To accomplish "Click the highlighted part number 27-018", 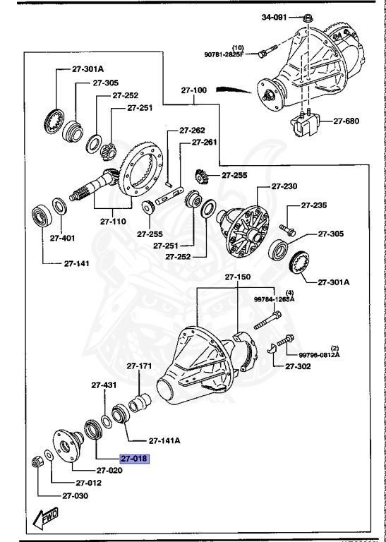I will (x=135, y=458).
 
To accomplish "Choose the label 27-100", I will (x=194, y=91).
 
